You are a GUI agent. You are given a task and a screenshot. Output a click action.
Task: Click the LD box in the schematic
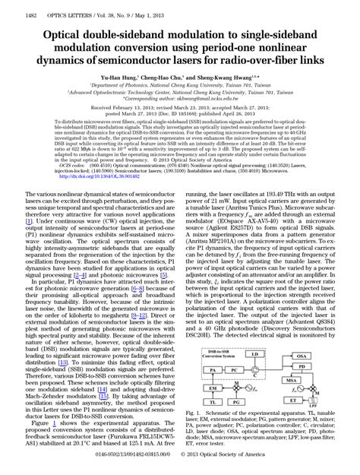[x=254, y=353]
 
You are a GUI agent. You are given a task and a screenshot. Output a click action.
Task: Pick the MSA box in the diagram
[x=292, y=380]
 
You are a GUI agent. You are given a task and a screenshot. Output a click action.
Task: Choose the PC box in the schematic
[x=235, y=370]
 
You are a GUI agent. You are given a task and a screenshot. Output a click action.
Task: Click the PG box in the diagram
[x=235, y=402]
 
